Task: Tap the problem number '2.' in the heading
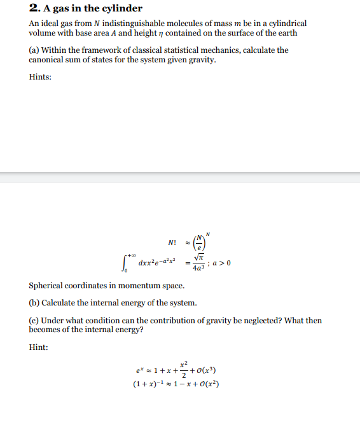click(34, 9)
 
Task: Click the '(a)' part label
click(34, 50)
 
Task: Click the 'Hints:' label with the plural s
click(40, 77)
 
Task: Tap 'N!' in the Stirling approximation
click(172, 243)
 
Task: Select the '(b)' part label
click(34, 302)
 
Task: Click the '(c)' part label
click(34, 320)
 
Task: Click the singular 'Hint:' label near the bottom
click(39, 347)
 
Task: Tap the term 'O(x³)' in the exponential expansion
click(206, 370)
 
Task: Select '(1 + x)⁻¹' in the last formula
click(148, 384)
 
